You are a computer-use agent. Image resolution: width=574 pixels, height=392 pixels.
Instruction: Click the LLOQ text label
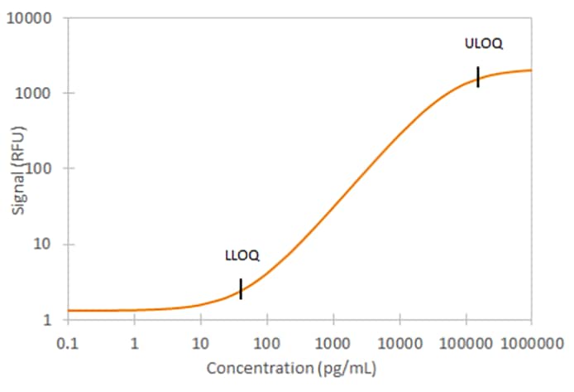click(x=242, y=255)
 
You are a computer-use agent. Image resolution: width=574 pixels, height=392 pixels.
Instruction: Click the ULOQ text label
click(x=484, y=43)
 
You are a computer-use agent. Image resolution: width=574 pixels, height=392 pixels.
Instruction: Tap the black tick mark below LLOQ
click(x=241, y=288)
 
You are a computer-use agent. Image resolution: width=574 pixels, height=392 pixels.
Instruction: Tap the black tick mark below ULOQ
click(x=478, y=76)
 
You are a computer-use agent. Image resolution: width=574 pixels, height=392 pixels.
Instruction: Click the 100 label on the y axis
click(x=39, y=168)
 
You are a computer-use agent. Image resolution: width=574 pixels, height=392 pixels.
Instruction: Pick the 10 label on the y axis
click(x=42, y=244)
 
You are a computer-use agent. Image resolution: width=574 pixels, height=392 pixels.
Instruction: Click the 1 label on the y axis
click(x=46, y=320)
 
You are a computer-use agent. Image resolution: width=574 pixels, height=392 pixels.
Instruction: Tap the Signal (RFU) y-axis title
click(x=18, y=170)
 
